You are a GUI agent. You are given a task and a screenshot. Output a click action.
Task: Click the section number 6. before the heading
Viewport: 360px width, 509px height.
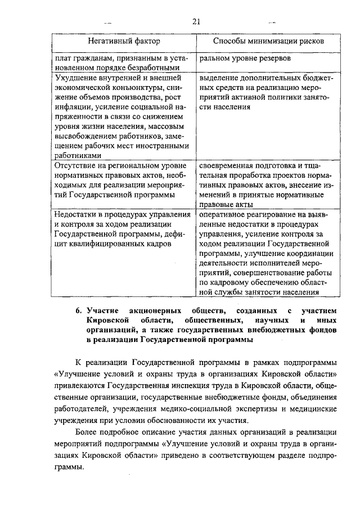[79, 310]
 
